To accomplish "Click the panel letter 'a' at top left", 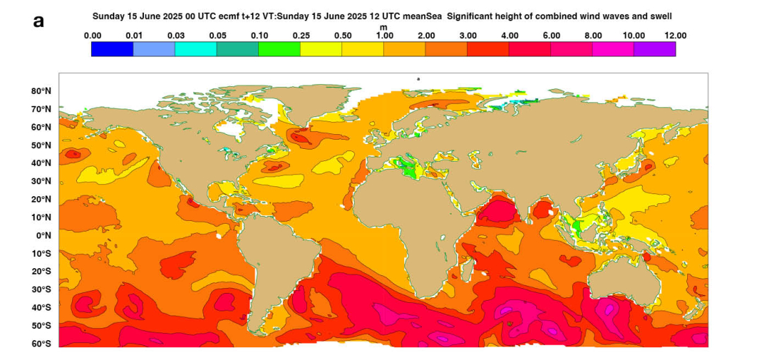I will click(39, 21).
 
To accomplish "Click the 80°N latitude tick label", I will click(41, 91).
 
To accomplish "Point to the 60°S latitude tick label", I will click(41, 344).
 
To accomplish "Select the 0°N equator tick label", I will click(44, 236).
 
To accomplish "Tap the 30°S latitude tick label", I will click(41, 289).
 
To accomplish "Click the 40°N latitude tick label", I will click(41, 163).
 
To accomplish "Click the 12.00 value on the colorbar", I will click(674, 35).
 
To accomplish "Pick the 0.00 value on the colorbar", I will click(92, 35).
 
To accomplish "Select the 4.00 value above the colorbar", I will click(508, 35).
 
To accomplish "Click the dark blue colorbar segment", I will click(112, 49).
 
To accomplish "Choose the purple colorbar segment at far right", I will click(654, 49).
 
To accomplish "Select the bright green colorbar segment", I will click(279, 49).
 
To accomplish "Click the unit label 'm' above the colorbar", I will click(383, 28).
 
